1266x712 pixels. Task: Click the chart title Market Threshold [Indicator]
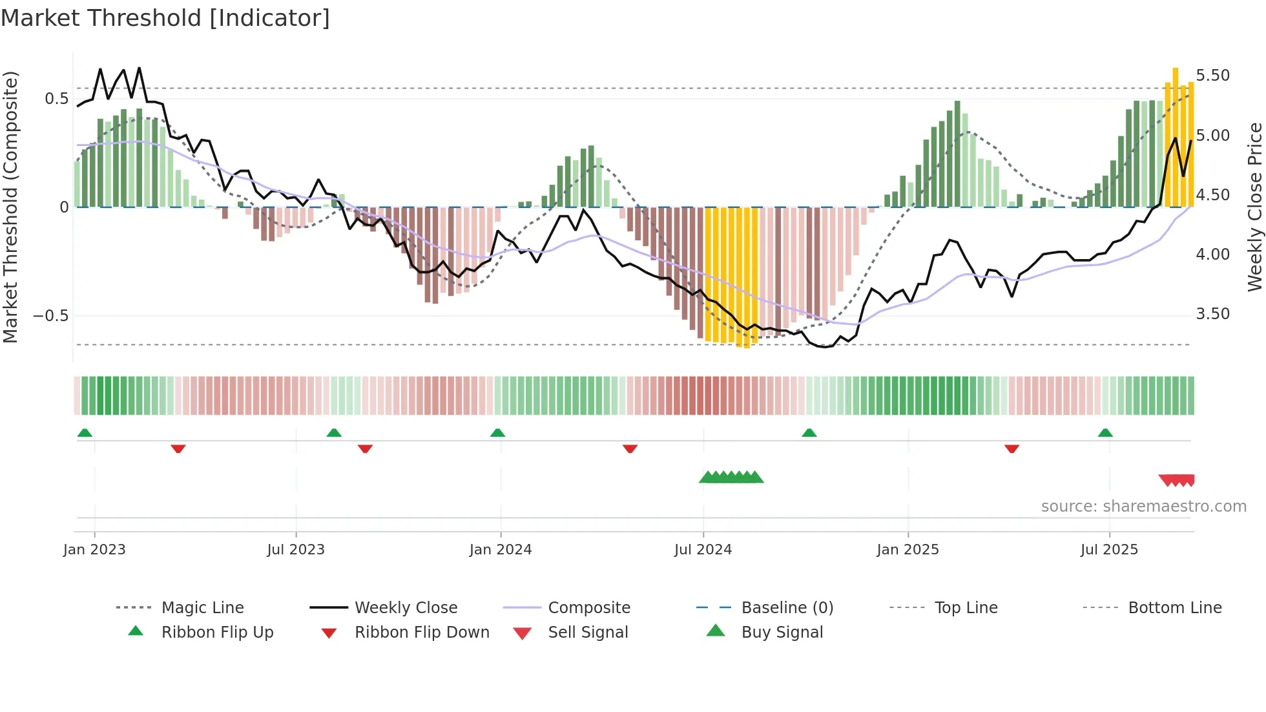pos(165,18)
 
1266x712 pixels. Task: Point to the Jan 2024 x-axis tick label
pos(501,550)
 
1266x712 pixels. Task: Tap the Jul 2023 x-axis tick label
pos(296,550)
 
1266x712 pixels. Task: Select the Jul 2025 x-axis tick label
pos(1109,550)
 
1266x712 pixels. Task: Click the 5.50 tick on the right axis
pos(1212,76)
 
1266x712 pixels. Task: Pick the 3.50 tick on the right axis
pos(1212,314)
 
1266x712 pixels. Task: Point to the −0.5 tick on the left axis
pos(51,316)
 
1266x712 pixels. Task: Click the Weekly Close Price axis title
pos(1254,207)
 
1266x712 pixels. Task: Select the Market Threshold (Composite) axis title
pos(10,207)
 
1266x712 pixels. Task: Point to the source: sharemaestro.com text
pos(1143,507)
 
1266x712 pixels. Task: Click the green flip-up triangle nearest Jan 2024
pos(497,433)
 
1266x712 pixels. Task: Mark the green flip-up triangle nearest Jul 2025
pos(1105,433)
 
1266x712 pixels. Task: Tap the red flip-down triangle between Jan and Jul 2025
pos(1012,448)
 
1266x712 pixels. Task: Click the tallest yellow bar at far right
pos(1176,137)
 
